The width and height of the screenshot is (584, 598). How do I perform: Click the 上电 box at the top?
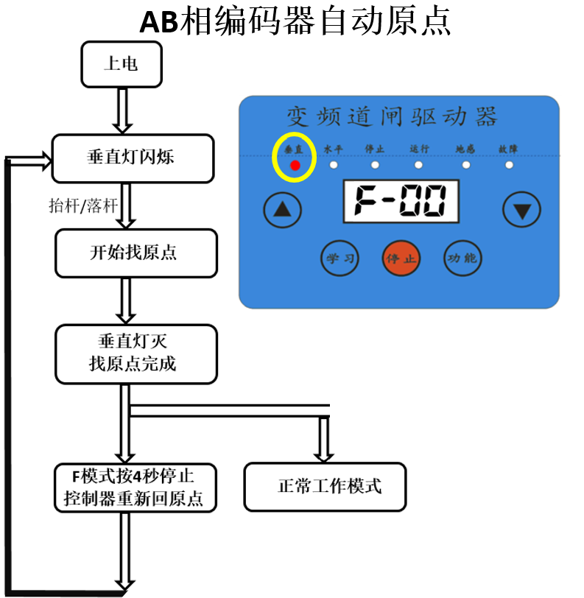(121, 63)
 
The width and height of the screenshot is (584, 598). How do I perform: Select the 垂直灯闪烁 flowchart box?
(132, 158)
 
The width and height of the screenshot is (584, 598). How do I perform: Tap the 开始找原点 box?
(136, 253)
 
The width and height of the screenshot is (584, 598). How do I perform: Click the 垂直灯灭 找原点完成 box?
(136, 353)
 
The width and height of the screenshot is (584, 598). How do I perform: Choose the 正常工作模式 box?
(325, 487)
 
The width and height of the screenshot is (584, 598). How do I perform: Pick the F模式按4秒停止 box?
(136, 488)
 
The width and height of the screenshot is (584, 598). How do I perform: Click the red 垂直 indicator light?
(295, 165)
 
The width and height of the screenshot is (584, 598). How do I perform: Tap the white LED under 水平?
(334, 164)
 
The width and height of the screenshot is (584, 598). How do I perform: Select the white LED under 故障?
(509, 164)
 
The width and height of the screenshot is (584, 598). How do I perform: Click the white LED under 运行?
(420, 164)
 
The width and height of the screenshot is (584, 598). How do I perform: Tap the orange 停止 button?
(401, 258)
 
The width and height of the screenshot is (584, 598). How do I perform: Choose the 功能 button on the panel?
(462, 258)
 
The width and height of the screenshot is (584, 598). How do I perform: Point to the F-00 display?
(401, 201)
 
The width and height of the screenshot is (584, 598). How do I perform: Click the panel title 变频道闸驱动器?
(392, 117)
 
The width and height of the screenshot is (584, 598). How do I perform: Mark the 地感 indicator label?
(465, 149)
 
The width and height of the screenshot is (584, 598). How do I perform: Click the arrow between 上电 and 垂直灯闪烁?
(121, 109)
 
